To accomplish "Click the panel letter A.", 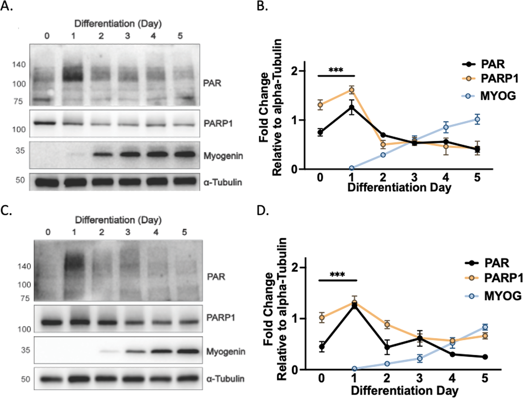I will [6, 6].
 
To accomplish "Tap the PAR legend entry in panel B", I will [492, 64].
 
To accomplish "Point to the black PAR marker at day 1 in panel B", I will [352, 107].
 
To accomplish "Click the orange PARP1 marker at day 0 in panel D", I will [321, 318].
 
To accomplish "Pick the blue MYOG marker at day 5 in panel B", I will [477, 119].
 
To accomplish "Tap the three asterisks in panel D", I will [337, 275].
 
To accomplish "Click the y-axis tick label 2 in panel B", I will [295, 71].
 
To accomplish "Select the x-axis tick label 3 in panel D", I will [419, 378].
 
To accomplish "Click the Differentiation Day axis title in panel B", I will [399, 188].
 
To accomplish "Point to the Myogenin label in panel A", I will [223, 156].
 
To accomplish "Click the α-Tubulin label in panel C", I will [225, 379].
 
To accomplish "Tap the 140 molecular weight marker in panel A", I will [19, 65].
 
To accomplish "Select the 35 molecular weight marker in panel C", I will [25, 350].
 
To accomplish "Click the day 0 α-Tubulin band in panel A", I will [47, 182].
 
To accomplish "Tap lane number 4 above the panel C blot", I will [156, 232].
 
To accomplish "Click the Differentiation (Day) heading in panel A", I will [117, 23].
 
